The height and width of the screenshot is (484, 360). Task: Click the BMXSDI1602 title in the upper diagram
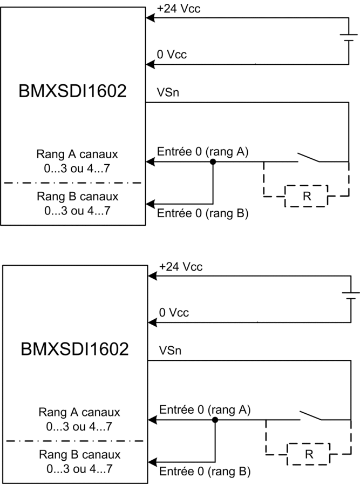[72, 91]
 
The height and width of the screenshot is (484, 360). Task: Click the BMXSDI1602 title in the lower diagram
[74, 349]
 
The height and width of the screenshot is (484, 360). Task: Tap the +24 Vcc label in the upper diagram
[179, 8]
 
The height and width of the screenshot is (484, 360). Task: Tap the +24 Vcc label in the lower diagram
[181, 267]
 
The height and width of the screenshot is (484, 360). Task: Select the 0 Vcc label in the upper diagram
[172, 55]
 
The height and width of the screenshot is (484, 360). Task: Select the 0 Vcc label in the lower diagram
[174, 313]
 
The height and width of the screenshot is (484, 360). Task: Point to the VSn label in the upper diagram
[168, 92]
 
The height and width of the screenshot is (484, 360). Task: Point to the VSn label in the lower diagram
[170, 351]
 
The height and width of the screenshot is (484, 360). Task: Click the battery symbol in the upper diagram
[349, 38]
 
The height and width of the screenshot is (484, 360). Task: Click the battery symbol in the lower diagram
[351, 295]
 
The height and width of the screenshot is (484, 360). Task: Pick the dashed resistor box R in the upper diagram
[307, 196]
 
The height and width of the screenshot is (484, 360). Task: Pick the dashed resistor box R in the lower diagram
[309, 454]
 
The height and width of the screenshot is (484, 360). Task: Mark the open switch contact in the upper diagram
[309, 157]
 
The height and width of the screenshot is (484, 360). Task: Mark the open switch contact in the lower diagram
[311, 415]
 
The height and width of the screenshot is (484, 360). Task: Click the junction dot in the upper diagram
[213, 162]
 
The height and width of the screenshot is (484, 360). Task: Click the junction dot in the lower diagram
[215, 420]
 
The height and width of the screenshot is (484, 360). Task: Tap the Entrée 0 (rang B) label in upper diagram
[203, 213]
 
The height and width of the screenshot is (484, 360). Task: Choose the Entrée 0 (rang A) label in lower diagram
[205, 410]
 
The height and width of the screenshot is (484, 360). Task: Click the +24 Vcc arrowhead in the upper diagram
[150, 18]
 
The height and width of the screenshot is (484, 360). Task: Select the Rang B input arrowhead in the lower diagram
[152, 462]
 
